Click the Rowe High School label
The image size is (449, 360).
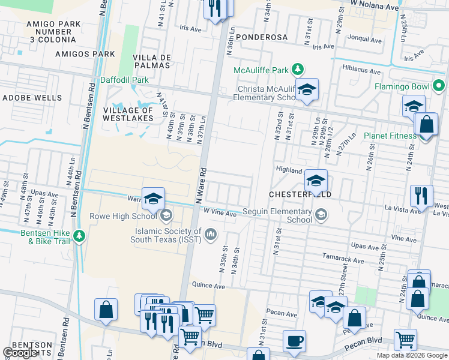click(123, 215)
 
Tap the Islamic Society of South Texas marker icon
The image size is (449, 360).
click(210, 233)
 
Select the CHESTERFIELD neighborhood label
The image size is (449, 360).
click(300, 195)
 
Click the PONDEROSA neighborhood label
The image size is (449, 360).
click(261, 37)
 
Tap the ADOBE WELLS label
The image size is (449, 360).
click(31, 97)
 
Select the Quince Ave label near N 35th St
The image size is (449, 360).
click(208, 286)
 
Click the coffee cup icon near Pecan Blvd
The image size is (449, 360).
click(294, 340)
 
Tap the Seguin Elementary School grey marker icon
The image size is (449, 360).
click(322, 214)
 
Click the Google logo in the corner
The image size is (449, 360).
click(20, 353)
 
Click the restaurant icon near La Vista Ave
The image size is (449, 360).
click(420, 196)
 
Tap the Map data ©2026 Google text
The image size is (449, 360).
click(412, 355)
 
